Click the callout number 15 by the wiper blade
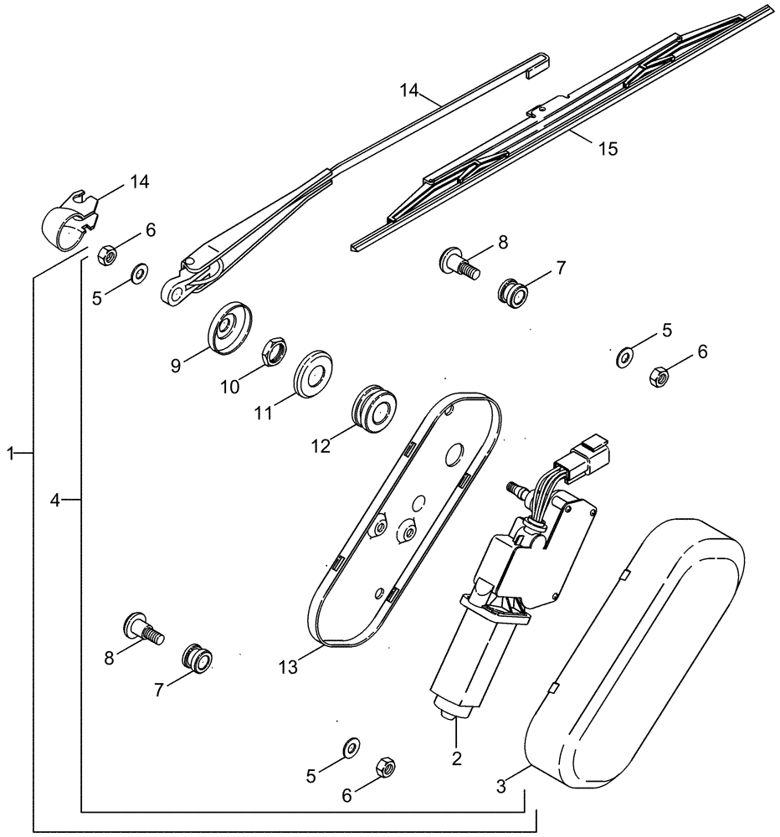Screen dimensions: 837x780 click(x=608, y=149)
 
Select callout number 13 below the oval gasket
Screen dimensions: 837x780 click(x=289, y=666)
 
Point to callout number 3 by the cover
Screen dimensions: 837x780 click(x=500, y=787)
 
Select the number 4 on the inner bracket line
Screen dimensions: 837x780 click(x=54, y=500)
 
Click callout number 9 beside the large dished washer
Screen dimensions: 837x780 click(x=176, y=365)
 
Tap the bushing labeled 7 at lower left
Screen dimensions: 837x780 click(x=199, y=657)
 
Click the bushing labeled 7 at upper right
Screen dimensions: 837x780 click(x=513, y=293)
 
